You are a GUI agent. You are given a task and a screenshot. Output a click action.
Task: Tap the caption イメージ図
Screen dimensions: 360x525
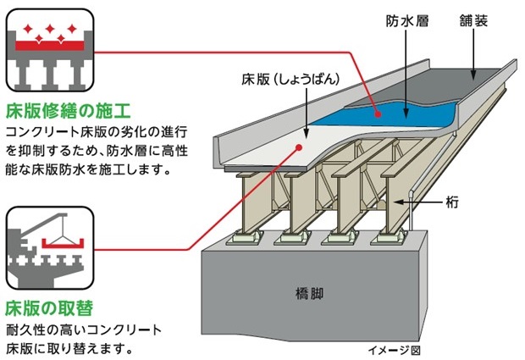click(394, 349)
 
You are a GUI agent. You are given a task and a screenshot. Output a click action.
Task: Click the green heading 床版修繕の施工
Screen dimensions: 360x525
click(67, 111)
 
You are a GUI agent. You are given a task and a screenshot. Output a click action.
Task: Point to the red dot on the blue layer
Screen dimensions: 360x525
click(376, 108)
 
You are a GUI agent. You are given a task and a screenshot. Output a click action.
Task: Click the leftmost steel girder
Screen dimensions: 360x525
click(249, 208)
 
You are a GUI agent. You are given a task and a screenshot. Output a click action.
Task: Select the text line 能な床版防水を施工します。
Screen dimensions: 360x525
click(88, 169)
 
